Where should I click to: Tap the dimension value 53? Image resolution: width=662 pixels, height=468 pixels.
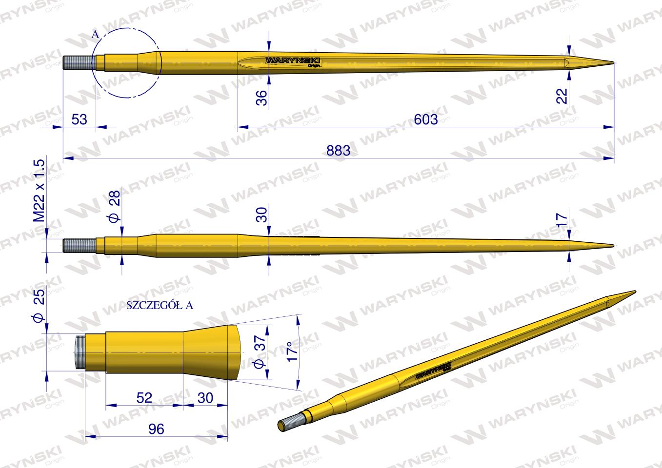click(79, 119)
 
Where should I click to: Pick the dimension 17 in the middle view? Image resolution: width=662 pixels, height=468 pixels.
click(562, 219)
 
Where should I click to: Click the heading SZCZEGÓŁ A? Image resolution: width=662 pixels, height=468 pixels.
click(160, 306)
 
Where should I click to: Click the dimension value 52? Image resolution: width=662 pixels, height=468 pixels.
click(144, 398)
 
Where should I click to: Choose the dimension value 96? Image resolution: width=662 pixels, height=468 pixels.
click(156, 429)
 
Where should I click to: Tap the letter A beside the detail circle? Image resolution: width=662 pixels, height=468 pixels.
click(95, 34)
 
